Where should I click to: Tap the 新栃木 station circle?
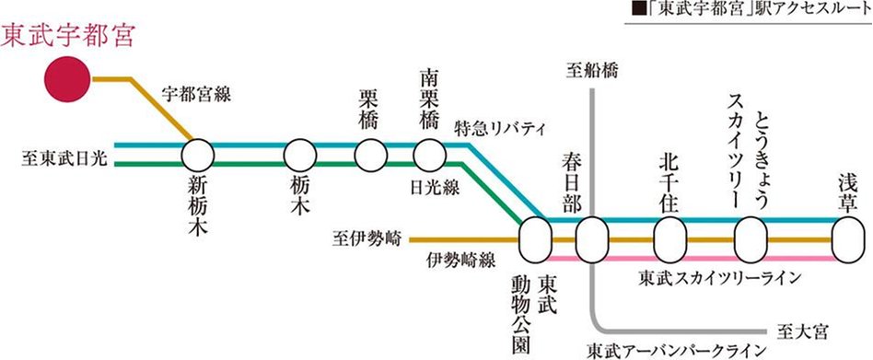pos(199,154)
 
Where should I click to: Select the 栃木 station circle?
pos(300,154)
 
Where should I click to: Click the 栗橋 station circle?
pos(370,154)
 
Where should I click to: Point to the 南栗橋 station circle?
pos(429,154)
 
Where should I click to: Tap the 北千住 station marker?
pos(669,239)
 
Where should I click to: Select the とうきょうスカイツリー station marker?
pos(751,239)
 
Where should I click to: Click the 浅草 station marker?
pos(847,239)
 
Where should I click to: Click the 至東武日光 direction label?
pos(64,159)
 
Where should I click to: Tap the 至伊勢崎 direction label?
pos(367,238)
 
